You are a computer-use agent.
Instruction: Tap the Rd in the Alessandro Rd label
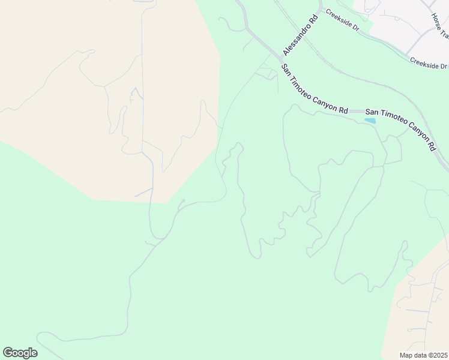[x=312, y=20]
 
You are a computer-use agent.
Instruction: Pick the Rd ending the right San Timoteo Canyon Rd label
[x=432, y=145]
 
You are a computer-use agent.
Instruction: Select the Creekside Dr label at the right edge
[x=429, y=64]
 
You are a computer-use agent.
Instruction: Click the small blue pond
[x=370, y=121]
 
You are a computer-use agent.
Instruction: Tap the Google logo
[x=20, y=353]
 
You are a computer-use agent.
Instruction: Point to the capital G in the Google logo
[x=8, y=352]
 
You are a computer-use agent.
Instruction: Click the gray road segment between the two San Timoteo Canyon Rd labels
[x=357, y=112]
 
